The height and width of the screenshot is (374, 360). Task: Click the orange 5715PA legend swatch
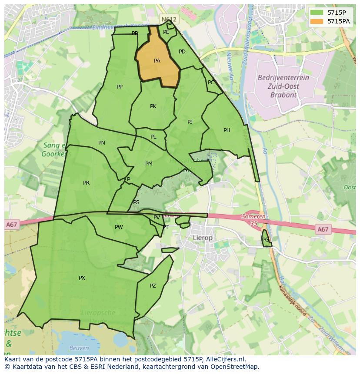pos(317,21)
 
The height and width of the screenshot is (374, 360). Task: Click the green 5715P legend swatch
pos(317,13)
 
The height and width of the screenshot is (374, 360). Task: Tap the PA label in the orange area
pos(157,61)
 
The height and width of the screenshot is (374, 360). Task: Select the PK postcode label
pos(153,106)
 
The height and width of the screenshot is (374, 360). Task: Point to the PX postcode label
pos(82,278)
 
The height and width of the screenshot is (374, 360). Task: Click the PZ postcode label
pos(153,286)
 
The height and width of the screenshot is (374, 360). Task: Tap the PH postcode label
pos(227,130)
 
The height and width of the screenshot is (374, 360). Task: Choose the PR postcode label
pos(86,183)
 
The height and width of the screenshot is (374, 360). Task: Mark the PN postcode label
pos(101,143)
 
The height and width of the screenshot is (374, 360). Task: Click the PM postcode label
pos(149,164)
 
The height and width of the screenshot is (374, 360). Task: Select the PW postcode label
pos(119,227)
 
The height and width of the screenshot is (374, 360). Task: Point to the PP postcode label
pos(120,87)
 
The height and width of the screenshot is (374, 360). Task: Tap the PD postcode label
pos(182,52)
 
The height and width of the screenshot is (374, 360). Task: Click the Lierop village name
pos(203,238)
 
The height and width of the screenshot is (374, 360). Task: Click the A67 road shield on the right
pos(323,229)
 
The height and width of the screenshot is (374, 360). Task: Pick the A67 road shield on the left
pos(12,225)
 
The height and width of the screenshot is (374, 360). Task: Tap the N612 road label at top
pos(169,20)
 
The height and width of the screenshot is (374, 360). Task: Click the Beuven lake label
pos(79,348)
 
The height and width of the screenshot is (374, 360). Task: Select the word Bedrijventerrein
pos(283,78)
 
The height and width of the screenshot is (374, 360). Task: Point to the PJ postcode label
pos(190,122)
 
